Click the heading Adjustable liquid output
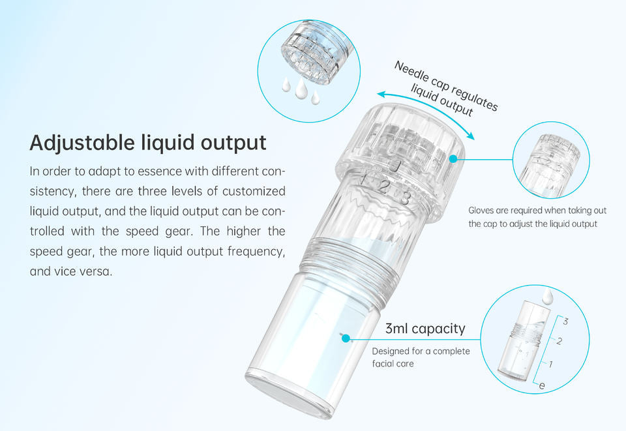148,142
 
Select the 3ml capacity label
425,329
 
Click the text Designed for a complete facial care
420,357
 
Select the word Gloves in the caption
483,210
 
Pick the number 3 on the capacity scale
565,321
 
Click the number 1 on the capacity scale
551,363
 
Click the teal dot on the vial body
346,338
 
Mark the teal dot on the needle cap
453,158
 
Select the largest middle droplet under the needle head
301,90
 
